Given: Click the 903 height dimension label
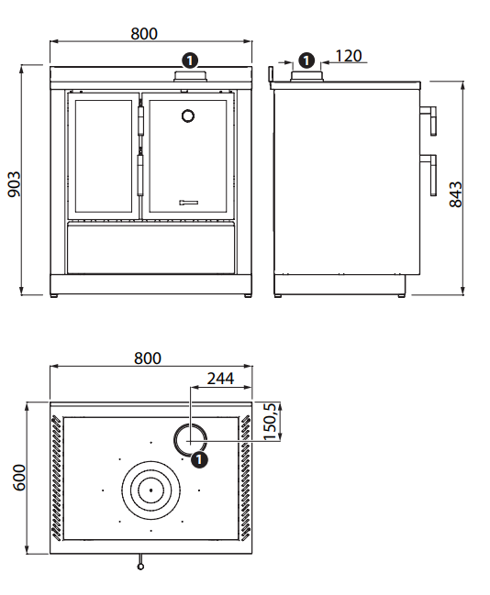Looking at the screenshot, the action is click(15, 184).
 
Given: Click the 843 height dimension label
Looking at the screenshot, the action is click(456, 194).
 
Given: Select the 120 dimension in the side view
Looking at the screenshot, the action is click(349, 56).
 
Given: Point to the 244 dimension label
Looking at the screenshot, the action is click(220, 379).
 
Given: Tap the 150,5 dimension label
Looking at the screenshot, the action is click(270, 422).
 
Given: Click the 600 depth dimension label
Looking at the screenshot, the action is click(19, 477).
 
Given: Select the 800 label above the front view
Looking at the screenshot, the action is click(144, 34).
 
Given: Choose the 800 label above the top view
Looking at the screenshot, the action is click(148, 358).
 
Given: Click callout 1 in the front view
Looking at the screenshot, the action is click(190, 61).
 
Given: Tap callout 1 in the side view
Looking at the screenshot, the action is click(306, 61).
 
